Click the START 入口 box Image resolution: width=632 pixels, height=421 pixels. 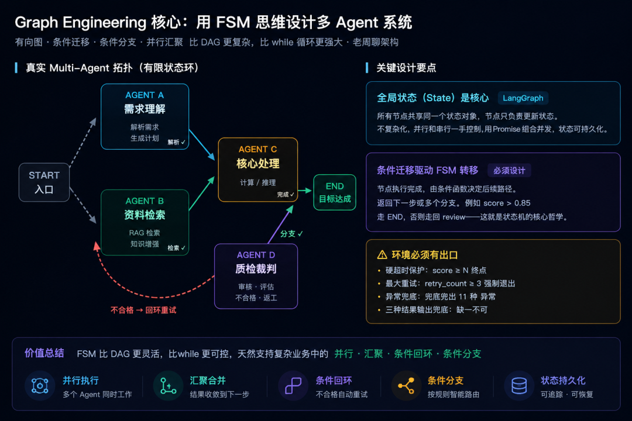tap(44, 182)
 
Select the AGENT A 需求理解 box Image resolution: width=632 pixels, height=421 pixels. tap(145, 117)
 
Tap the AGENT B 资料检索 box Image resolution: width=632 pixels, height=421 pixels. tap(145, 222)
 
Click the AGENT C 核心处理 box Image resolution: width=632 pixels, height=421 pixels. tap(258, 170)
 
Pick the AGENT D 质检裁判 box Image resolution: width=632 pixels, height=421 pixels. tap(256, 277)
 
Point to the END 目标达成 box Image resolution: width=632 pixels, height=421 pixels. tap(335, 192)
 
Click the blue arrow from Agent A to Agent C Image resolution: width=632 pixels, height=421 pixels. tap(201, 144)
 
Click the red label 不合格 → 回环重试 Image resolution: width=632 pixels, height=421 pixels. tap(143, 310)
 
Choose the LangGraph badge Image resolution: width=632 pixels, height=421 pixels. tap(523, 98)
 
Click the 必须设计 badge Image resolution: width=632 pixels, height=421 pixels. tap(509, 170)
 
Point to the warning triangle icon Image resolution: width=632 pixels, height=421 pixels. tap(382, 255)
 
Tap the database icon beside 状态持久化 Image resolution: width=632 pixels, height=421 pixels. tap(519, 386)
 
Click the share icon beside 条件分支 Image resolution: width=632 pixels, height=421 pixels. tap(406, 386)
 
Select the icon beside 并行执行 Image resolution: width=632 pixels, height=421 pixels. tap(40, 386)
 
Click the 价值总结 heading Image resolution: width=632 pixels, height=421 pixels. tap(44, 353)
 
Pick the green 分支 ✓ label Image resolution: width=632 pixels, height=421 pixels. tap(291, 234)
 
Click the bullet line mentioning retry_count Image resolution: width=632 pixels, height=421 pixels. tap(450, 284)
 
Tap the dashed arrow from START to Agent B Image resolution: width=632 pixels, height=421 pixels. tap(83, 205)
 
